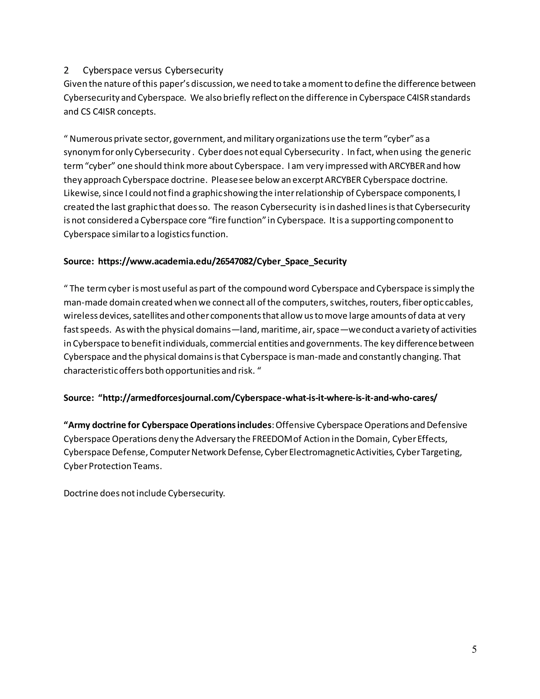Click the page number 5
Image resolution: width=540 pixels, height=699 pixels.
tap(474, 649)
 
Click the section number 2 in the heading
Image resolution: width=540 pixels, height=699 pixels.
tap(66, 70)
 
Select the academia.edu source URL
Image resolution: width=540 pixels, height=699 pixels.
tap(222, 261)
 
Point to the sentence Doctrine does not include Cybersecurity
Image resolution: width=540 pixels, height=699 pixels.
tap(144, 493)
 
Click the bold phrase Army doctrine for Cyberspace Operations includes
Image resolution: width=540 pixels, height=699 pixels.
tap(168, 425)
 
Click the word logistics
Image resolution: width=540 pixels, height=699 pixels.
tap(173, 234)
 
